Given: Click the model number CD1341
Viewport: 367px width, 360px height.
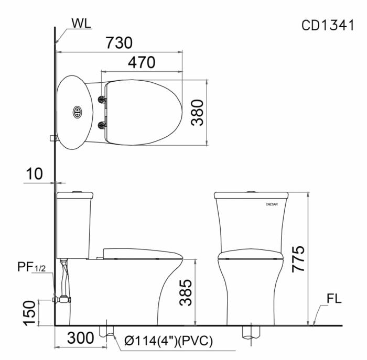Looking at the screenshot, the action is [328, 25].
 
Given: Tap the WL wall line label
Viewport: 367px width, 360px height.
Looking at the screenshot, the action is [81, 23].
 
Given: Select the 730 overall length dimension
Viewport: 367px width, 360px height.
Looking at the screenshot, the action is [119, 42].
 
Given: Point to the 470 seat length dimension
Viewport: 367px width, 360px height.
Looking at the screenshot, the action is [142, 62].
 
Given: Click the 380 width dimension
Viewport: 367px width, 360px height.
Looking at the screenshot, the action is [197, 113].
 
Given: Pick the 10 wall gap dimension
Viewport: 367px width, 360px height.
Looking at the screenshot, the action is [34, 173].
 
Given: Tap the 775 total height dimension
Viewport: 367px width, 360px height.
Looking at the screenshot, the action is [298, 259].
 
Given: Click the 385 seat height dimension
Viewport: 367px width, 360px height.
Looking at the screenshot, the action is [186, 292].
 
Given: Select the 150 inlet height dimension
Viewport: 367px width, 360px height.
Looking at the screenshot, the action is [29, 313].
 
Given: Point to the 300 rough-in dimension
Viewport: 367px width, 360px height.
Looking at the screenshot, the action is [81, 338].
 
